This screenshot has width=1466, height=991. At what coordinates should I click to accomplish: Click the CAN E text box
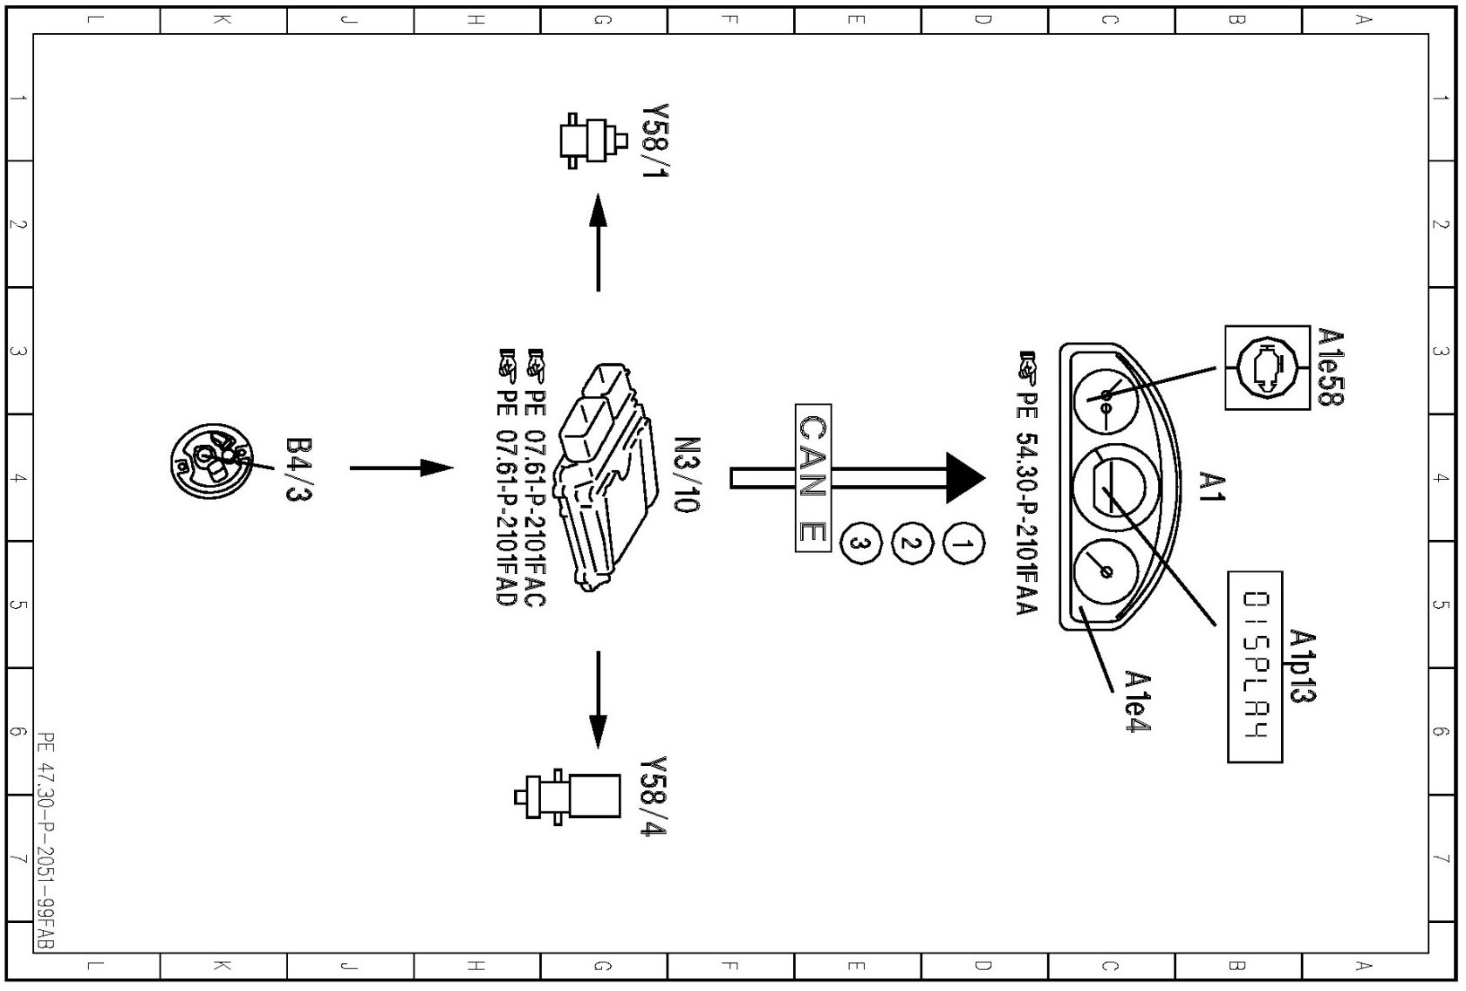click(x=812, y=477)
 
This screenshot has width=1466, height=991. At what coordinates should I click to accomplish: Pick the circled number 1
click(x=962, y=545)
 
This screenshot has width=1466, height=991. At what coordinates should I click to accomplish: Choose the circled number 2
click(x=910, y=544)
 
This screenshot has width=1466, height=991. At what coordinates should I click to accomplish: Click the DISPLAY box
click(x=1255, y=666)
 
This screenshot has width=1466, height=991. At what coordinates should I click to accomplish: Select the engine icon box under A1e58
click(x=1266, y=367)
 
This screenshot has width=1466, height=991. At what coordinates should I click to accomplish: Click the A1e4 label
click(x=1137, y=701)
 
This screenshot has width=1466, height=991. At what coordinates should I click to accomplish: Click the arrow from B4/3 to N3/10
click(x=401, y=468)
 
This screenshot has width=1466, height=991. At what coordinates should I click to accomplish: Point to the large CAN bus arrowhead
click(x=965, y=477)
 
